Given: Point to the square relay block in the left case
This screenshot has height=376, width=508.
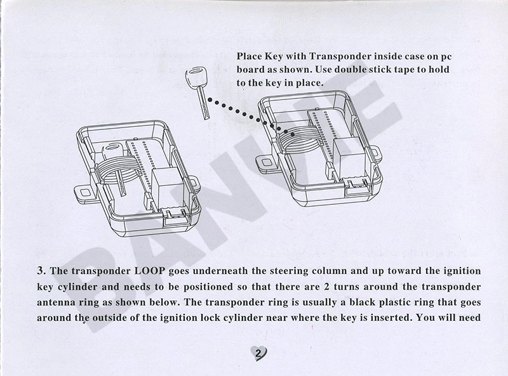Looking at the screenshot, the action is pos(166,180).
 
